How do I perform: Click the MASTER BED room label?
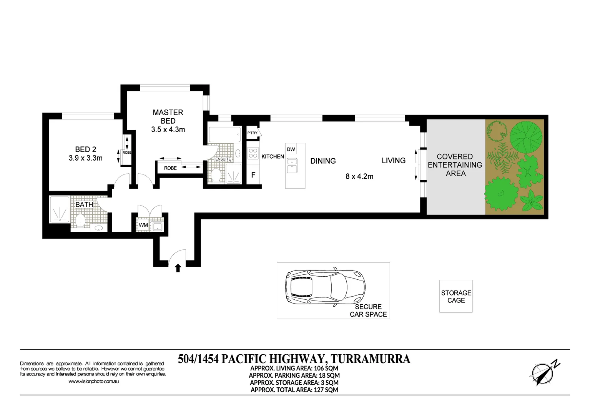(x=168, y=116)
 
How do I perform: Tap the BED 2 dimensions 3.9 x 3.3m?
(x=85, y=158)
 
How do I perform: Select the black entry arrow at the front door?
(x=178, y=268)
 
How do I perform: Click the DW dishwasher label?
(x=291, y=149)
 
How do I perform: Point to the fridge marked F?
(x=253, y=175)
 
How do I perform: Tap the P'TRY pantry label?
(x=253, y=133)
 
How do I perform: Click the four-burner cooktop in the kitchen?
(x=253, y=153)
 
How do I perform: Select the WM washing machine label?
(x=143, y=225)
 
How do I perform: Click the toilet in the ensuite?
(x=216, y=175)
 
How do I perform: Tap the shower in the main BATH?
(x=60, y=210)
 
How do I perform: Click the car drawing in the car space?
(x=325, y=287)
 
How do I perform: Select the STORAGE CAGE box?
(x=456, y=296)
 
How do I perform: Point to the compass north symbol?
(x=544, y=373)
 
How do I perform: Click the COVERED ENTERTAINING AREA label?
(x=455, y=165)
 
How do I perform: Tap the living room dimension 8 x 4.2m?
(x=359, y=176)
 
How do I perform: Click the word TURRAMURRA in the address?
(x=370, y=359)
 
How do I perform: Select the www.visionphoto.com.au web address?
(x=93, y=382)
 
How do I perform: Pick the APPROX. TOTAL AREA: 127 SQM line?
(x=294, y=390)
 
